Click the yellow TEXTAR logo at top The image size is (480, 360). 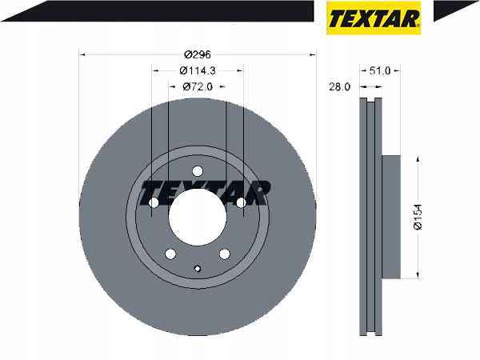point(374,18)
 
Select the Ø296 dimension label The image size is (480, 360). point(198,54)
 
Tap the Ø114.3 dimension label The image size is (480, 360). point(198,70)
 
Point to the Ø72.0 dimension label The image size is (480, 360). point(198,87)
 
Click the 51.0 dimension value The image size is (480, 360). point(380,70)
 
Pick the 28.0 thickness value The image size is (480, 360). point(339,87)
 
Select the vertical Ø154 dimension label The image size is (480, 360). point(418,217)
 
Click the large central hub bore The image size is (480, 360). point(198,217)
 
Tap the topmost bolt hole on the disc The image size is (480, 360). point(198,171)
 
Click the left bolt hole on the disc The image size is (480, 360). point(154,202)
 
